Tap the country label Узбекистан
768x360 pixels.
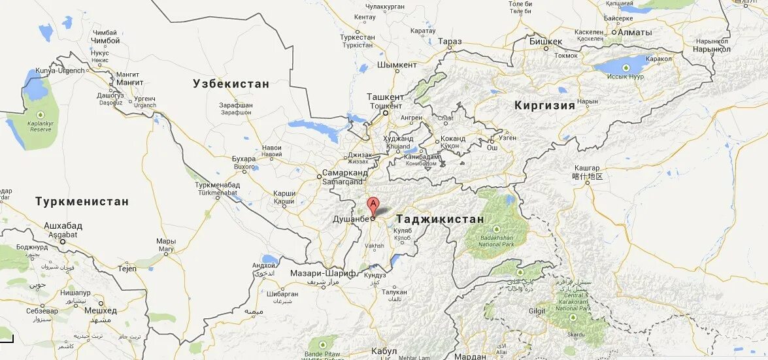click(231, 84)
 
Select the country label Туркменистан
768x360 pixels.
click(82, 201)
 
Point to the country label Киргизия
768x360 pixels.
click(544, 105)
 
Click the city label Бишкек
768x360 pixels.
click(545, 41)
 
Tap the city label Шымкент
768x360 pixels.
click(397, 65)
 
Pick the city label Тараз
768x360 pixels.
click(450, 42)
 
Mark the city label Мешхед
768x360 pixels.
click(100, 310)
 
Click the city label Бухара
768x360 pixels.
click(244, 159)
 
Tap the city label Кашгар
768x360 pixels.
click(586, 168)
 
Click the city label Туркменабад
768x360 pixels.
click(218, 185)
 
